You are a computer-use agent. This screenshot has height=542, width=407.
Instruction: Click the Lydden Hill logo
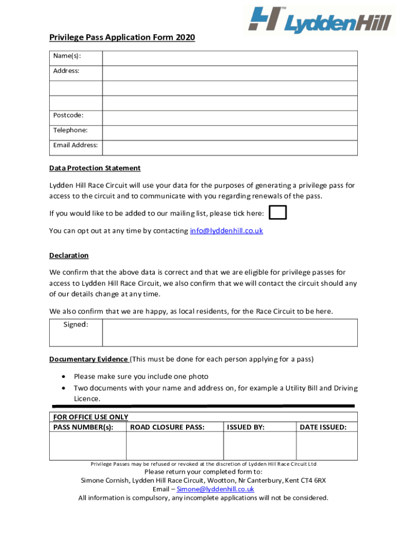[x=320, y=21]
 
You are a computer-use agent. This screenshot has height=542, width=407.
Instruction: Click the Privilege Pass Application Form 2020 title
[x=122, y=38]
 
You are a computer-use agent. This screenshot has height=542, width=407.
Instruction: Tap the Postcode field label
[x=68, y=115]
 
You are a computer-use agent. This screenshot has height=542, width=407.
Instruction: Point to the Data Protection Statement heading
[x=95, y=168]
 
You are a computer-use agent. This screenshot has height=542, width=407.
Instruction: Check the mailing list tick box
[x=278, y=213]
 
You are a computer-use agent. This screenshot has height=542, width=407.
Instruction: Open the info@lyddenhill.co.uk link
[x=226, y=231]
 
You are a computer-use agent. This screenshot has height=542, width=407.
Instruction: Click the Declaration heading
[x=69, y=256]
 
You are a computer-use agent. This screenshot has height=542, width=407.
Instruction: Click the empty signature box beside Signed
[x=229, y=332]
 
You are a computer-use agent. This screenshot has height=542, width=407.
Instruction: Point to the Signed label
[x=76, y=325]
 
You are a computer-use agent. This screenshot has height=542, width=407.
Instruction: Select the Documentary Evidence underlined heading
[x=88, y=359]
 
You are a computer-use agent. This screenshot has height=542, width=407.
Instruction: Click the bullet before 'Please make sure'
[x=64, y=377]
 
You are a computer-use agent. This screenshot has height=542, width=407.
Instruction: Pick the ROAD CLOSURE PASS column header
[x=167, y=427]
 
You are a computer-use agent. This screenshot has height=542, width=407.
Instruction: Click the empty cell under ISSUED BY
[x=259, y=446]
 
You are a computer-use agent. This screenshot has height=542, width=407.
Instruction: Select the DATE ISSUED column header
[x=323, y=427]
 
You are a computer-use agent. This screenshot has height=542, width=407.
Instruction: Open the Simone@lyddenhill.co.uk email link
[x=215, y=489]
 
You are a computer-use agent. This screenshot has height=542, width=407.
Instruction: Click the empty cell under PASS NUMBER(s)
[x=88, y=446]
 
